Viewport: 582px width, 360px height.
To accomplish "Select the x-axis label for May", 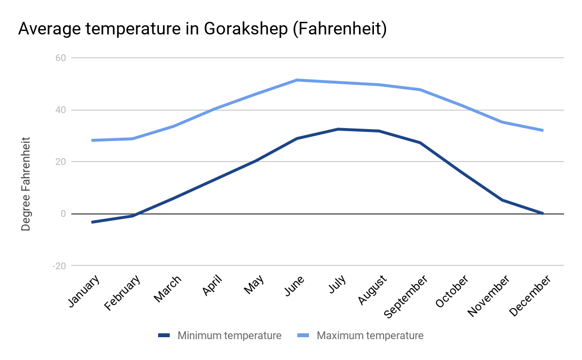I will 254,285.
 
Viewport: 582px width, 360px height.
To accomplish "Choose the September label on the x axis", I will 406,296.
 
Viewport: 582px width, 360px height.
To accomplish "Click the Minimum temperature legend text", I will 229,335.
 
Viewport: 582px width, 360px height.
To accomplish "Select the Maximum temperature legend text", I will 370,335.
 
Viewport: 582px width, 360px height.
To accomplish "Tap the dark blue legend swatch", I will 164,335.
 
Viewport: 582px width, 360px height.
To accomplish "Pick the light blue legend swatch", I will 304,335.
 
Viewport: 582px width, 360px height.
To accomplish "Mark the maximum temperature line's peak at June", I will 297,80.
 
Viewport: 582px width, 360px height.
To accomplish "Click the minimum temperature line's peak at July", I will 338,129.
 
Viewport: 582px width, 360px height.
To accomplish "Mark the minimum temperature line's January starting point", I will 92,222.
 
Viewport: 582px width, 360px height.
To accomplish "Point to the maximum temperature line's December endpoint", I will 543,131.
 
